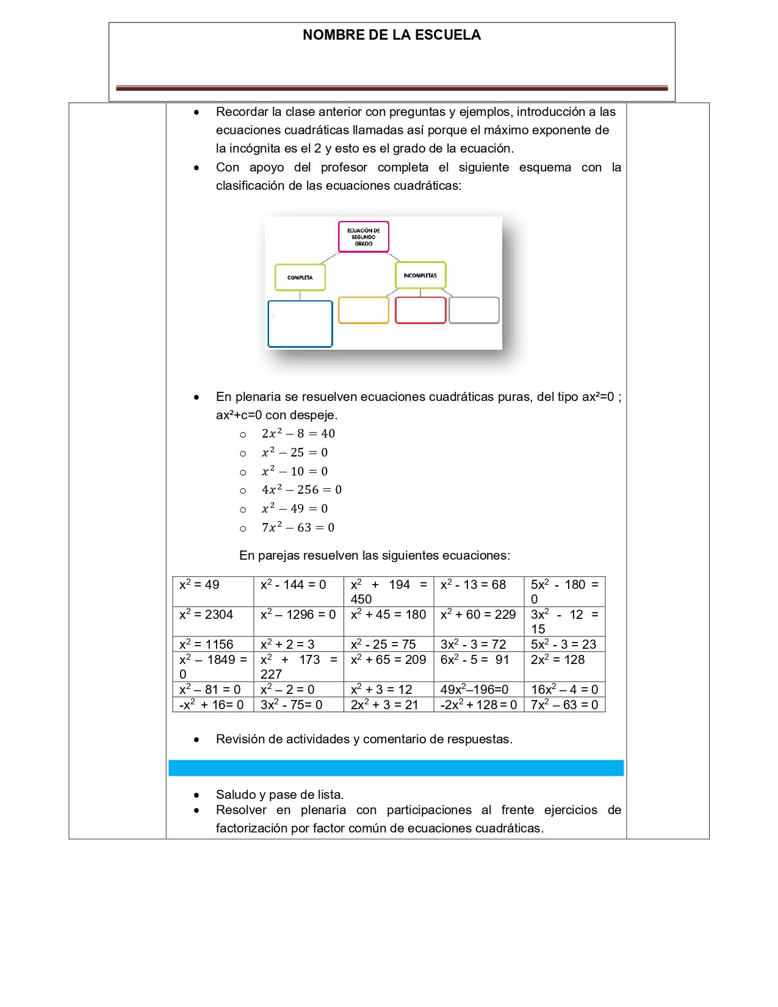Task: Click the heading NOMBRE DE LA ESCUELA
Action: click(x=391, y=35)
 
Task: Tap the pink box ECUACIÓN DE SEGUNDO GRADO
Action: click(x=364, y=237)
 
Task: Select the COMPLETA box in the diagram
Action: click(x=300, y=277)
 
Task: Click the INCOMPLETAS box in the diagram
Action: click(x=420, y=275)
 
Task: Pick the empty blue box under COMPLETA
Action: click(x=300, y=324)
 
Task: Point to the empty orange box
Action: click(x=364, y=310)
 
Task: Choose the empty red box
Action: click(x=420, y=310)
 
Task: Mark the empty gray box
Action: click(x=474, y=310)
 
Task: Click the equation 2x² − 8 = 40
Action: click(x=298, y=434)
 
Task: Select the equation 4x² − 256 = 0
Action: click(x=301, y=490)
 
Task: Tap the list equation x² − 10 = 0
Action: click(x=295, y=472)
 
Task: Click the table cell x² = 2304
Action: click(x=206, y=615)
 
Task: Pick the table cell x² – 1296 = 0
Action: click(x=298, y=615)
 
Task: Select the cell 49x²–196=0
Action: click(x=475, y=690)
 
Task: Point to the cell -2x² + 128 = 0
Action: click(x=478, y=705)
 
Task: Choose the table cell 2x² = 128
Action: click(x=558, y=660)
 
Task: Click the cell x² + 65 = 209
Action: click(x=388, y=660)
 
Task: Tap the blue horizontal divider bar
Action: click(x=396, y=768)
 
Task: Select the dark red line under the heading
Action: click(x=392, y=88)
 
